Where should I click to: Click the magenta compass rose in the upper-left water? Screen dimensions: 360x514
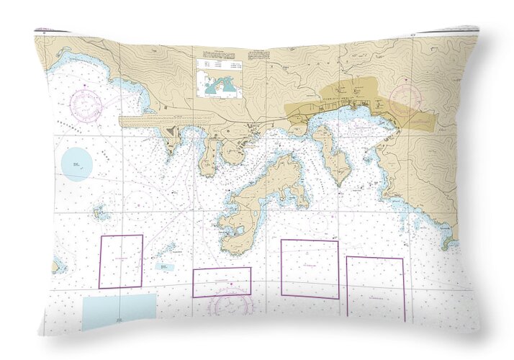coord(86,104)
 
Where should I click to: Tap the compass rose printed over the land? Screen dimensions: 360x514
coord(405,96)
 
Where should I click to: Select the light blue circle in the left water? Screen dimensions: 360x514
coord(77,163)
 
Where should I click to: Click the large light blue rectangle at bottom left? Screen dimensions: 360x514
coord(119,311)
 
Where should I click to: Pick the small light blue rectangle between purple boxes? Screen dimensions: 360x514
coord(164,266)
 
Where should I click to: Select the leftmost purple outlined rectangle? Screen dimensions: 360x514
coord(121,261)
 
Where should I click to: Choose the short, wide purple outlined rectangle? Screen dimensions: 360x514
coord(222,282)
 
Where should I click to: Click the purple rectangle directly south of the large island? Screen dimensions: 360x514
coord(310,269)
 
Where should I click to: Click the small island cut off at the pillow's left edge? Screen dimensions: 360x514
coord(55,266)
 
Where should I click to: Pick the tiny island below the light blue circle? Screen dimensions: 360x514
coord(100,213)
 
